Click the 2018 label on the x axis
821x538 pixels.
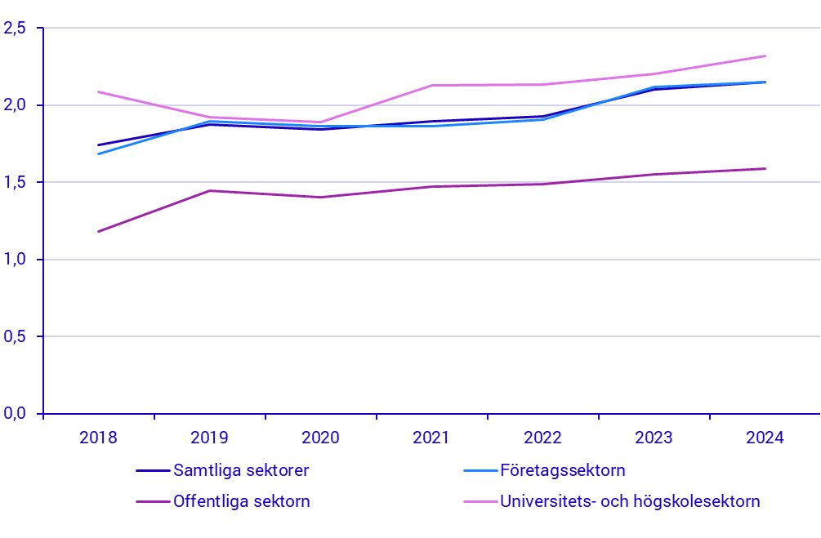(98, 438)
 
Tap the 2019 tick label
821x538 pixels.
(209, 438)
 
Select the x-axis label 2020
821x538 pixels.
(320, 438)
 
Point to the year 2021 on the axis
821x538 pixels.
(431, 438)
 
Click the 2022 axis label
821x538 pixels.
(542, 438)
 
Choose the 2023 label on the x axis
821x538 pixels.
(654, 438)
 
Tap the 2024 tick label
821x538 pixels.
(765, 438)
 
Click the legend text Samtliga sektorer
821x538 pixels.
(241, 470)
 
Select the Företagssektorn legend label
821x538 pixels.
(562, 470)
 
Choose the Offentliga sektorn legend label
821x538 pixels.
(242, 501)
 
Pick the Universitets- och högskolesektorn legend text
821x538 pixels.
(630, 501)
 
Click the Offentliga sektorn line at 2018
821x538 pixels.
(98, 232)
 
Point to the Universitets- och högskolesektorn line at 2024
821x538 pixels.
(765, 56)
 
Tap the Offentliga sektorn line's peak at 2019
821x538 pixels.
(209, 190)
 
